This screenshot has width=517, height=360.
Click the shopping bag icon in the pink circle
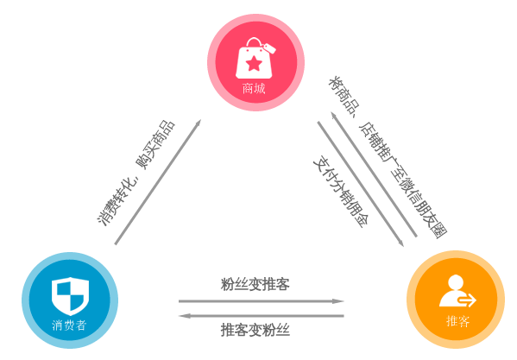[254, 59]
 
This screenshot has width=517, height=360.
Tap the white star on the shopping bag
[254, 64]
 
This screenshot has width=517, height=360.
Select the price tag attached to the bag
[269, 48]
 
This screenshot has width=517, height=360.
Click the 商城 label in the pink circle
[254, 89]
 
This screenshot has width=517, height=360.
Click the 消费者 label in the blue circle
[69, 325]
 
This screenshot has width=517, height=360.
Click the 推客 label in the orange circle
[457, 321]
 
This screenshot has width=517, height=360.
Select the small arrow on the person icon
[467, 300]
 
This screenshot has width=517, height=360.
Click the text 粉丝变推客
[255, 285]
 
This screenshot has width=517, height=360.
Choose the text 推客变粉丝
[255, 330]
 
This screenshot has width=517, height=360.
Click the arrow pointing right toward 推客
[262, 301]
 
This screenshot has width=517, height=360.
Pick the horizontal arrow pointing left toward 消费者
[262, 316]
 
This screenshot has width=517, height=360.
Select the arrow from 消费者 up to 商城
[158, 182]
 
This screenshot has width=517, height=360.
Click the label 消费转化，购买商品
[136, 173]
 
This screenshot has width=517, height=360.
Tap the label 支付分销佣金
[341, 193]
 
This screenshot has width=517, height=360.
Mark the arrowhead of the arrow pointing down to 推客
[400, 243]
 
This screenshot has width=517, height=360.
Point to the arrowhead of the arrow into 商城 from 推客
[334, 116]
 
